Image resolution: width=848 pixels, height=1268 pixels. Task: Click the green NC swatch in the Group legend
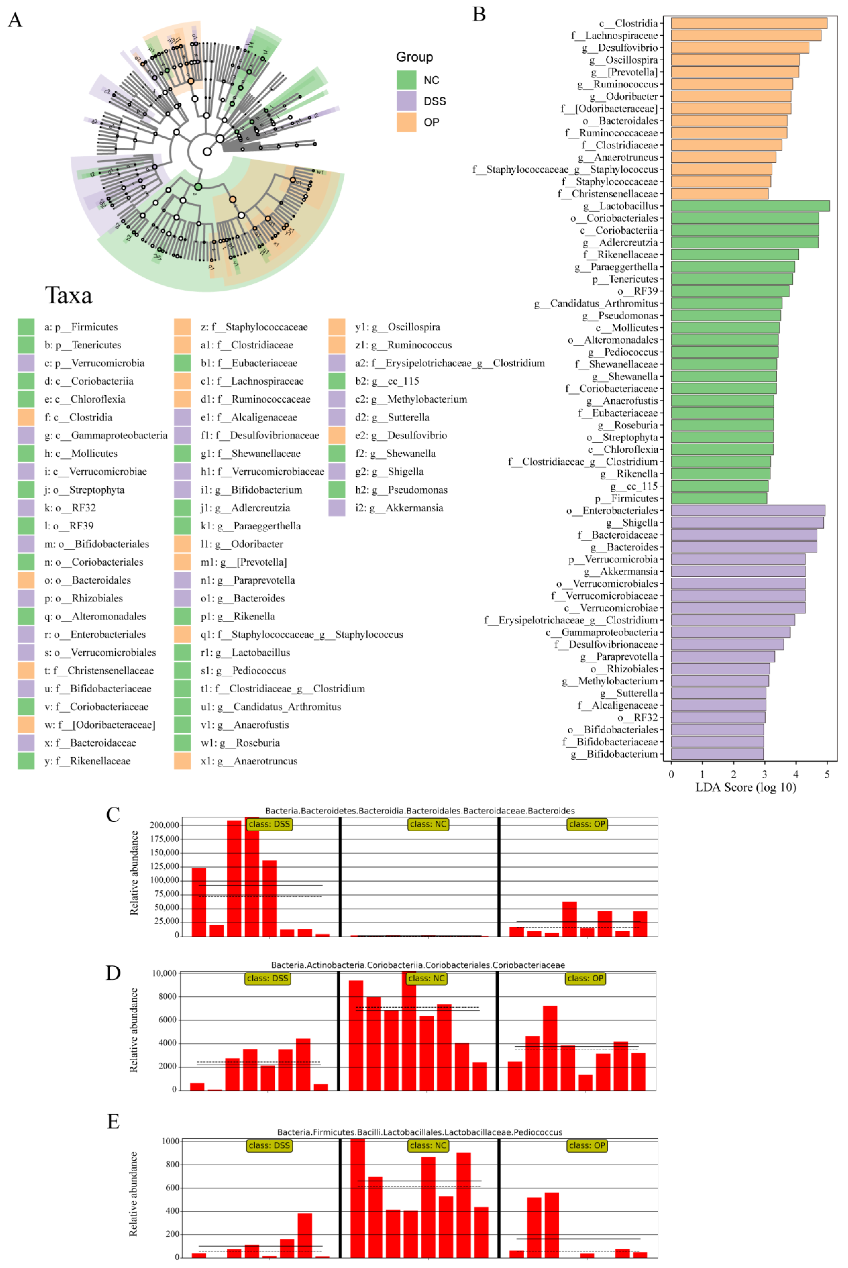pos(406,80)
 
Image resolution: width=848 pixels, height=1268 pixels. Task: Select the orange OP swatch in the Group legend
pos(406,122)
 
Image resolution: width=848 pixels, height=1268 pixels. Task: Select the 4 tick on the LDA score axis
pos(795,774)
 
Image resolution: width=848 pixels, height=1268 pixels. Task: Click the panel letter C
pos(113,815)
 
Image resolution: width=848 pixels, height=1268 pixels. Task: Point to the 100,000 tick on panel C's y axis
pos(164,880)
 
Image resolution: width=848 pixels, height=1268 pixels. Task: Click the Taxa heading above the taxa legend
pos(69,296)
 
